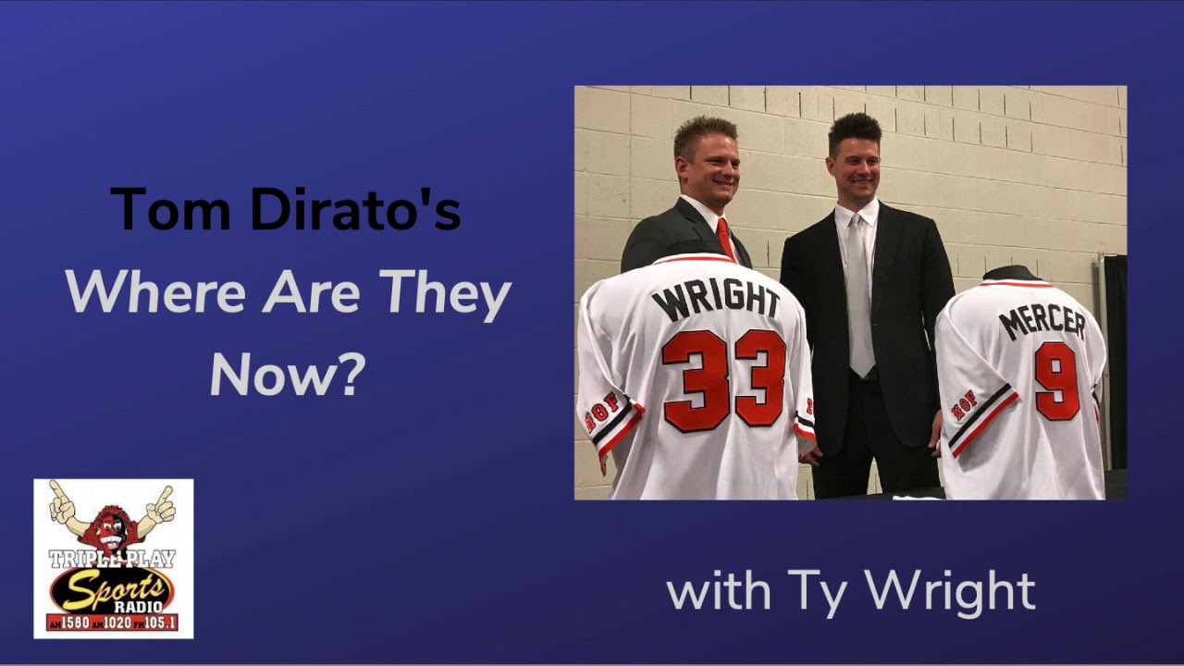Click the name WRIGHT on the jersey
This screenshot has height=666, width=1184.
715,301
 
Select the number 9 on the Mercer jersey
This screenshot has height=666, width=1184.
1056,380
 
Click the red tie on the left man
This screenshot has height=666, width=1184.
725,239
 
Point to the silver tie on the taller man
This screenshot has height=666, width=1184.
860,296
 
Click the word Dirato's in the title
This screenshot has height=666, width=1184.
356,209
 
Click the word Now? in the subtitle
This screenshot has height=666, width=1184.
288,375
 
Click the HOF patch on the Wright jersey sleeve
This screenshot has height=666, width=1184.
603,411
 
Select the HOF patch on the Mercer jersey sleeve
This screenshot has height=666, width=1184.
964,404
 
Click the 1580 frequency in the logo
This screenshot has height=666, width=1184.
74,623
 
